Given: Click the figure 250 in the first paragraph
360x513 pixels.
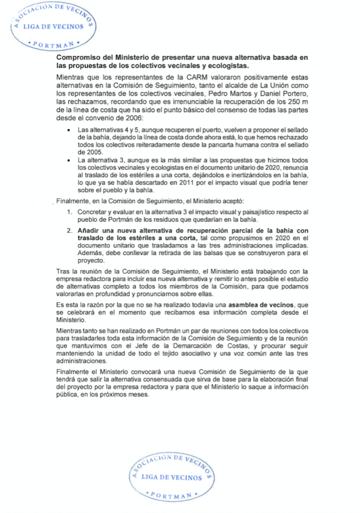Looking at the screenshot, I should tap(294, 102).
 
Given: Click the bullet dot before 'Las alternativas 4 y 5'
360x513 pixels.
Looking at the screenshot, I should tap(69, 130).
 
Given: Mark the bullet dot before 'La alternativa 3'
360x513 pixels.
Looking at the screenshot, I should tap(69, 161).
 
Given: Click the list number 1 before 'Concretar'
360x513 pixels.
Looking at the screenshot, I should tap(69, 212).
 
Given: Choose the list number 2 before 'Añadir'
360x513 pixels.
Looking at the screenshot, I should tap(69, 231).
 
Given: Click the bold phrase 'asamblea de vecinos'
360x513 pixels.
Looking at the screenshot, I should tap(261, 305).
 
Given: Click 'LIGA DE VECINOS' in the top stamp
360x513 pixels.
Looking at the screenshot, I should tap(53, 27).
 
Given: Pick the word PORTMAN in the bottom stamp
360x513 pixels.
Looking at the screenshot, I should tap(171, 495).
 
